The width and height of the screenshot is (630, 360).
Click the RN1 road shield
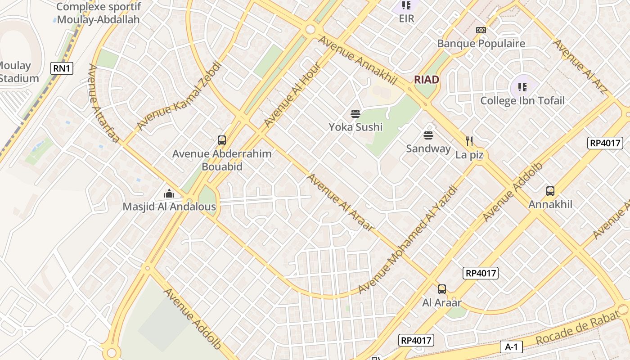62,68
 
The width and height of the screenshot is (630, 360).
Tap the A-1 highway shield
511,347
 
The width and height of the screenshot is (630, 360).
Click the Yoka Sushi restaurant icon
355,114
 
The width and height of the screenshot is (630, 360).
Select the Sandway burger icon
428,135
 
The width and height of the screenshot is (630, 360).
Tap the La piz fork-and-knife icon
469,141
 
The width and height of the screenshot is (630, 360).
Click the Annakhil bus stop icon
550,191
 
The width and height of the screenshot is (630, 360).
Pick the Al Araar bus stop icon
441,289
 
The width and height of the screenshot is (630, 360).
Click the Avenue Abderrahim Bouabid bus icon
221,140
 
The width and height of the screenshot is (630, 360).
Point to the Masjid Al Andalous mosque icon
169,193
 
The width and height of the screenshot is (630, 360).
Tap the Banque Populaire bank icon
481,30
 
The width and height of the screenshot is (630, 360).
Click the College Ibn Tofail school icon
522,87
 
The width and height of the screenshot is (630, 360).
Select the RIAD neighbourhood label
426,80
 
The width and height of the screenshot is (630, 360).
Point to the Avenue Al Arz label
580,67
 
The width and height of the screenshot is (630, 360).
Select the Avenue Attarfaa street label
103,103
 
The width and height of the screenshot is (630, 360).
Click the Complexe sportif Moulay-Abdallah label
98,13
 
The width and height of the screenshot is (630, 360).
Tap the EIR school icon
406,5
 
